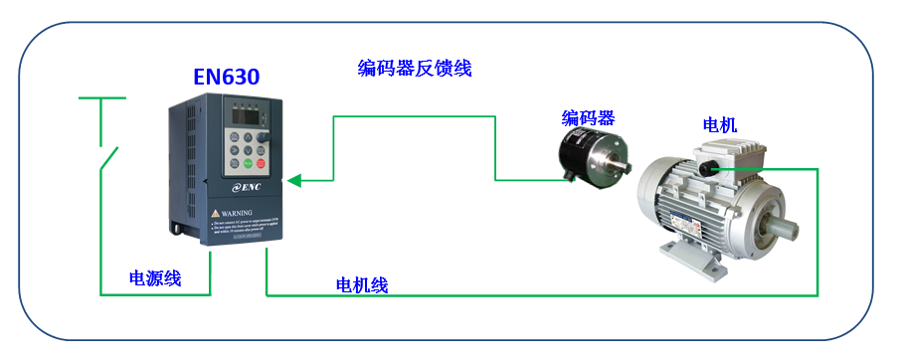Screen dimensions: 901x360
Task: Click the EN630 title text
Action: [x=227, y=77]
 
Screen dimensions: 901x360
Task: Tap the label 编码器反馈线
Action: [x=414, y=69]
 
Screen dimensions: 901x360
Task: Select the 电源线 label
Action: [x=155, y=278]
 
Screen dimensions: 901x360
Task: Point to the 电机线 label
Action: [x=362, y=285]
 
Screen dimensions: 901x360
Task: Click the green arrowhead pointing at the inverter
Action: [x=295, y=181]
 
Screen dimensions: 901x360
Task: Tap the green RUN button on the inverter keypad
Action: [x=263, y=161]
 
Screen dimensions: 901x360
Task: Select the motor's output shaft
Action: [x=792, y=226]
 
